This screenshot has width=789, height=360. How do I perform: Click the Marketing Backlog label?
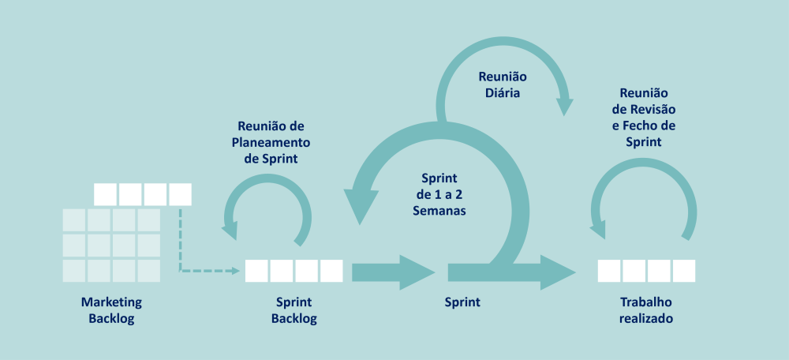point(111,310)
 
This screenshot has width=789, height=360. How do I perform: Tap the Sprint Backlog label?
point(294,310)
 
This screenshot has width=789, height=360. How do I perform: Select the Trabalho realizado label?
point(646,310)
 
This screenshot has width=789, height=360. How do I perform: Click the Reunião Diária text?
point(503,85)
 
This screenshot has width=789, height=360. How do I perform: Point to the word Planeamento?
point(271,142)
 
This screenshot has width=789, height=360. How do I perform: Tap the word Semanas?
point(439,211)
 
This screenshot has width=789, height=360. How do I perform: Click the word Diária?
point(503,93)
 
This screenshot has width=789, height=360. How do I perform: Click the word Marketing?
point(111,302)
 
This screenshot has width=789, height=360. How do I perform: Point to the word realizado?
point(646,319)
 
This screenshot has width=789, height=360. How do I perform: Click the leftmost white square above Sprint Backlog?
point(256,271)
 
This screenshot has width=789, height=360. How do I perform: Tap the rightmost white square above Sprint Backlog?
point(331,271)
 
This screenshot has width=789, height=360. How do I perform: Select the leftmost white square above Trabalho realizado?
point(609,271)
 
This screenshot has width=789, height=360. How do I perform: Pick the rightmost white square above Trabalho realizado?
point(684,271)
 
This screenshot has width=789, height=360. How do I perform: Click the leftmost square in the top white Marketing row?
point(105,194)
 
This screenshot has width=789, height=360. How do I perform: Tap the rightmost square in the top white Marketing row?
point(180,194)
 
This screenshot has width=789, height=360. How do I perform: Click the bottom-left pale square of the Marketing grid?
point(74,271)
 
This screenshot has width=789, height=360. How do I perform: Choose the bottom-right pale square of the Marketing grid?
point(148,271)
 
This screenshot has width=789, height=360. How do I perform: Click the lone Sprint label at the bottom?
point(462,302)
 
